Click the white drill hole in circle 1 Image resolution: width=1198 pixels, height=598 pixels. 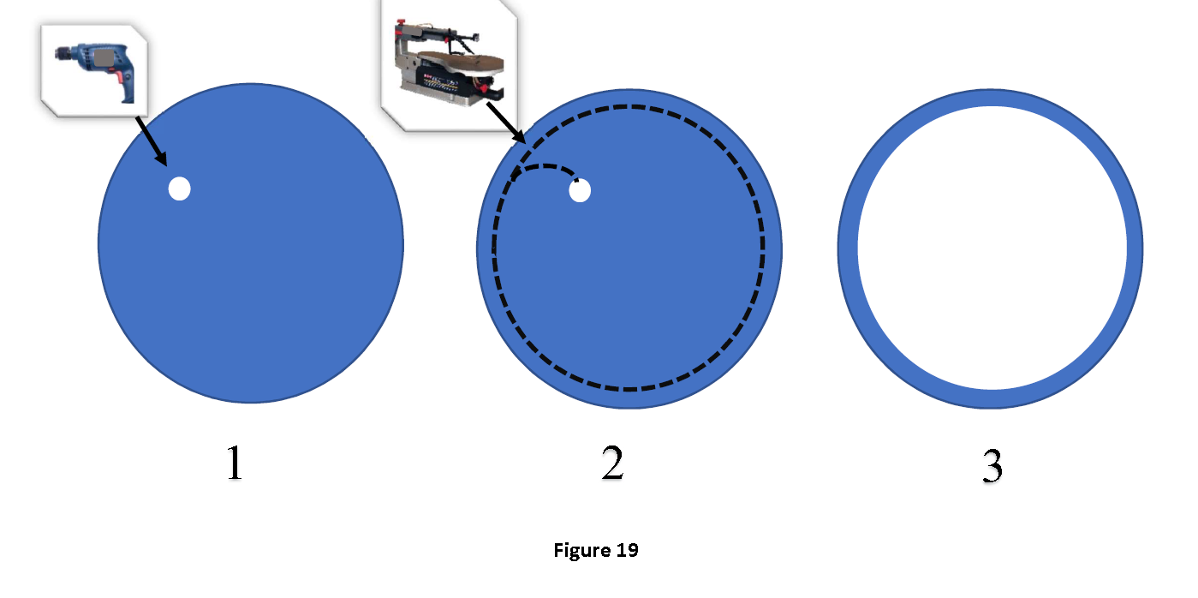pyautogui.click(x=179, y=188)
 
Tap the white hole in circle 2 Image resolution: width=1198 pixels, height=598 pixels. pyautogui.click(x=580, y=192)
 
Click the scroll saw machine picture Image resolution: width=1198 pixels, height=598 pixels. pyautogui.click(x=447, y=64)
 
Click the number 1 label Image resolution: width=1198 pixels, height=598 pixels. pyautogui.click(x=234, y=464)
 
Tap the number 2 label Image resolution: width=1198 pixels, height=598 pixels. pyautogui.click(x=612, y=464)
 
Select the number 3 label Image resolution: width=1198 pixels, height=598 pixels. pyautogui.click(x=991, y=467)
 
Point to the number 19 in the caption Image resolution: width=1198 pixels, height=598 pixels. pyautogui.click(x=627, y=550)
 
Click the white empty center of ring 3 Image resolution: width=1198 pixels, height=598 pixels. pyautogui.click(x=992, y=248)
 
